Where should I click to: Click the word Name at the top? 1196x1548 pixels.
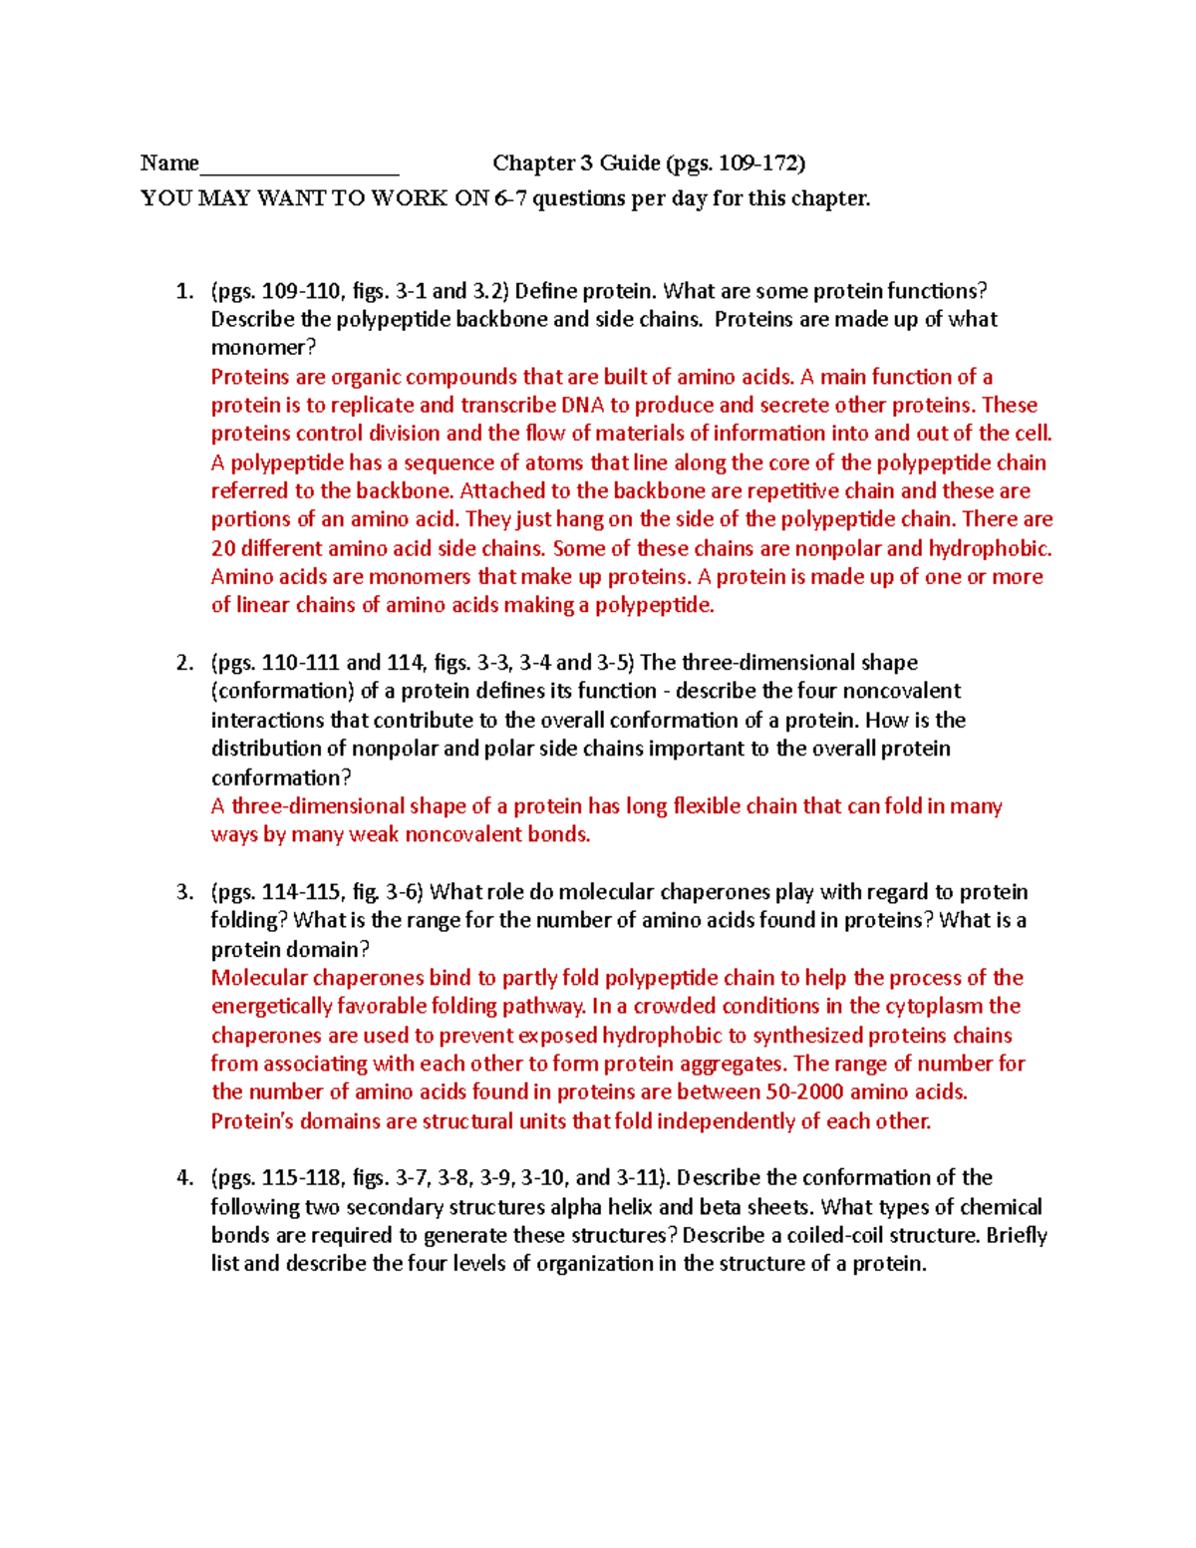click(169, 163)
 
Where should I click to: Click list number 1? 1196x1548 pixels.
click(183, 292)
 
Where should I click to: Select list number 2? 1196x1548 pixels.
click(183, 664)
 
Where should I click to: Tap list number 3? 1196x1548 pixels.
click(183, 893)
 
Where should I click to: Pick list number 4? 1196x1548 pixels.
click(183, 1178)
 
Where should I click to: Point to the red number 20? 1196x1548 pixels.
click(222, 549)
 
